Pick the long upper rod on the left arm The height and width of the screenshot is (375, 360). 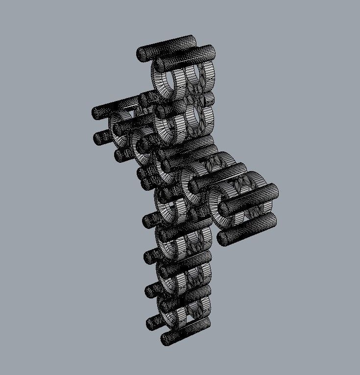coord(115,108)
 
